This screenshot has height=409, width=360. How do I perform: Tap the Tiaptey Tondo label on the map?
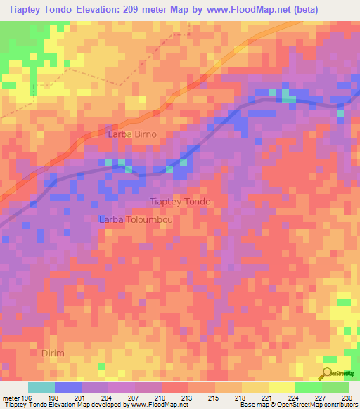[180, 202]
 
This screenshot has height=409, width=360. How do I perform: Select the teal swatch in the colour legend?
[41, 387]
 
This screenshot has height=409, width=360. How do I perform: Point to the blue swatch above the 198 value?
[68, 387]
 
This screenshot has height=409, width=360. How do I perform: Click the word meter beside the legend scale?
[10, 397]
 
